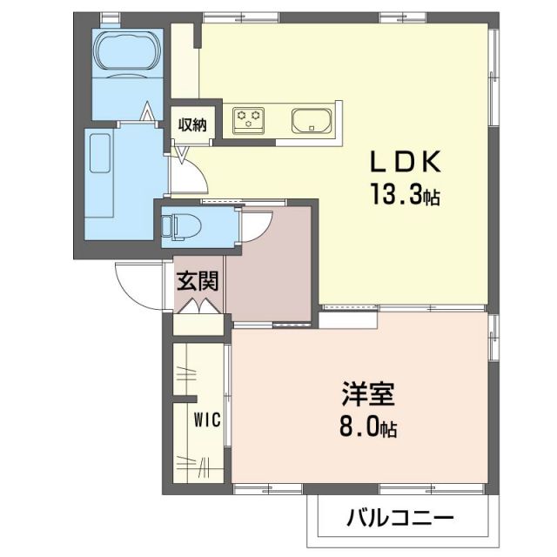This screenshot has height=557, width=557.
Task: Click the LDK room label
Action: click(406, 164)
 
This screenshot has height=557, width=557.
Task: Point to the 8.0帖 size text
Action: click(367, 428)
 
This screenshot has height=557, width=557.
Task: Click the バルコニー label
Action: click(400, 520)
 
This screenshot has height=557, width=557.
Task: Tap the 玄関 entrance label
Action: click(198, 280)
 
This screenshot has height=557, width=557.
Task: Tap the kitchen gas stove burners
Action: click(249, 118)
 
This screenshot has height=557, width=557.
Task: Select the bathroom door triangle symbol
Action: click(149, 112)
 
